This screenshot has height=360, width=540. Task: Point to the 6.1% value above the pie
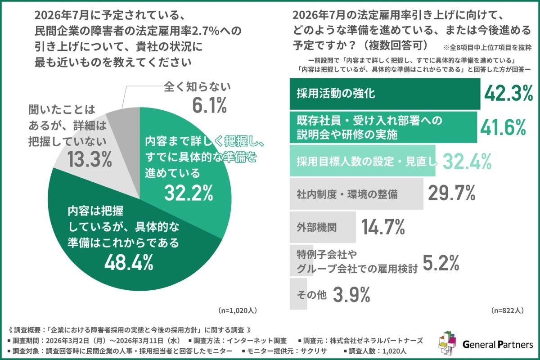(209, 106)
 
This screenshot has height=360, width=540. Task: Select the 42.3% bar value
(508, 94)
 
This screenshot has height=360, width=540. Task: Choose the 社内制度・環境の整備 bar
(355, 194)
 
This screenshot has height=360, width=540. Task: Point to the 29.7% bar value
(451, 194)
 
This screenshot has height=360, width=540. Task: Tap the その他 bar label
(310, 295)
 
